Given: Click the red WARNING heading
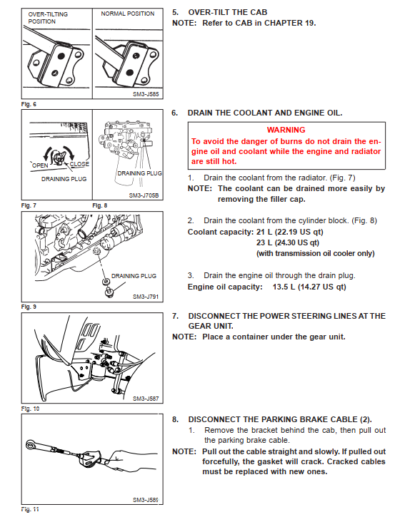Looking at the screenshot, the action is click(x=286, y=130).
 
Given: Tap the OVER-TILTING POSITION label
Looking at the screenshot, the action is click(x=48, y=18).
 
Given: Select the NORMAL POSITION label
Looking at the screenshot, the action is click(x=128, y=14).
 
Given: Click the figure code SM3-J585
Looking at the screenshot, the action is click(x=146, y=94).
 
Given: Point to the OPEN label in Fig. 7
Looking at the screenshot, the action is click(x=40, y=165).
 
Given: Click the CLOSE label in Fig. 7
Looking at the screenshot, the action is click(x=79, y=164).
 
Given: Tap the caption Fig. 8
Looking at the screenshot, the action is click(x=100, y=205).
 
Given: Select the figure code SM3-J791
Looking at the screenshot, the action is click(x=146, y=297).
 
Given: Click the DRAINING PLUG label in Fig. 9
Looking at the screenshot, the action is click(x=134, y=276).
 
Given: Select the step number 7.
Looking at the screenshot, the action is click(x=176, y=316).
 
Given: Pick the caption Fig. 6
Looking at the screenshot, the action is click(x=29, y=104).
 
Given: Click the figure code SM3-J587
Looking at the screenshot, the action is click(x=146, y=399).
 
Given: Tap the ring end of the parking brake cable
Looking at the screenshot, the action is click(x=31, y=445).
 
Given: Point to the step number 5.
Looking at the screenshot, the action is click(x=176, y=12).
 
